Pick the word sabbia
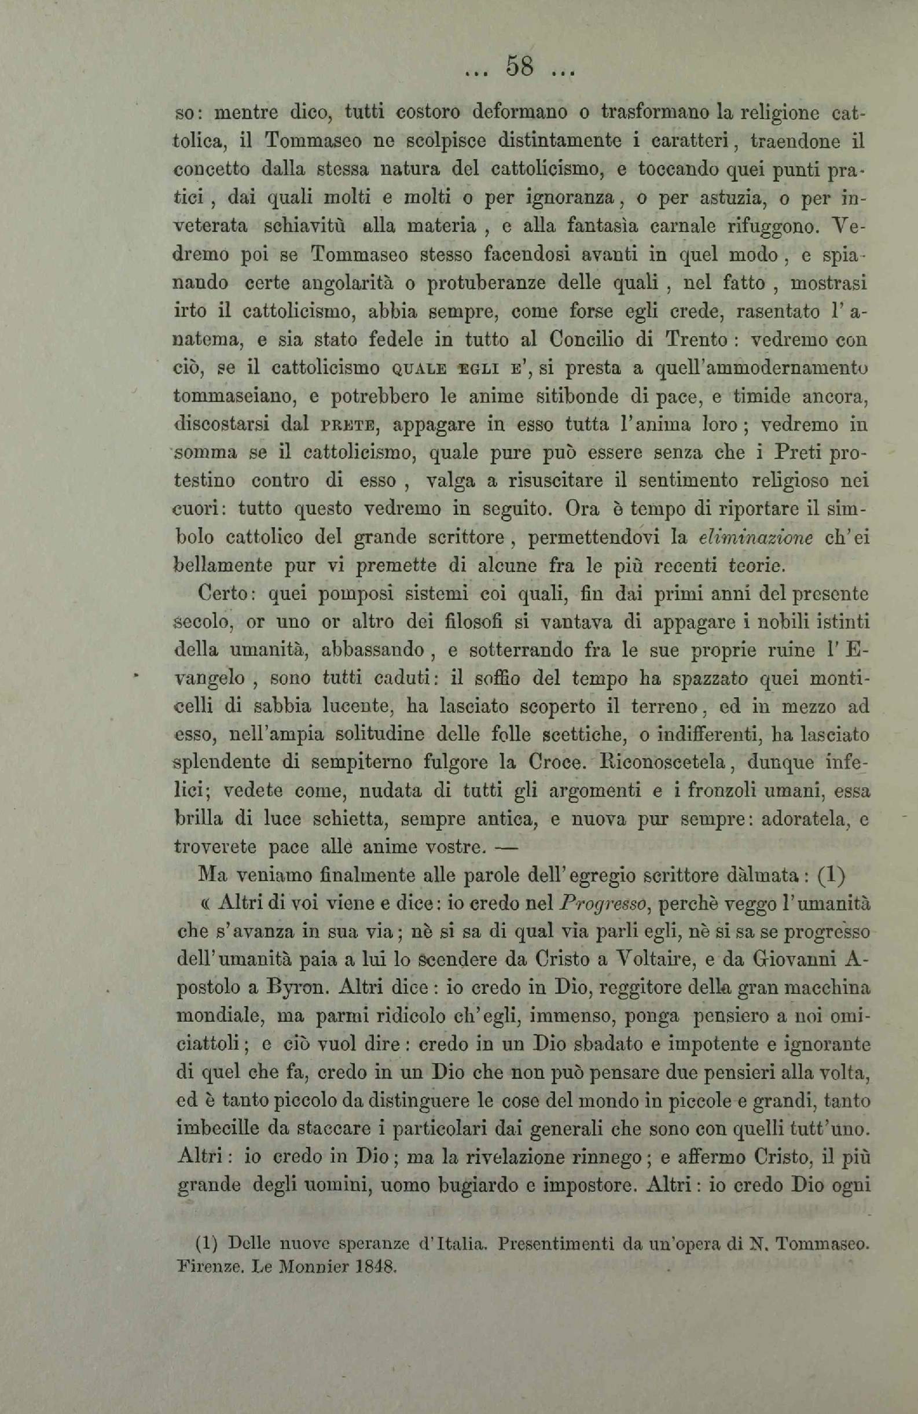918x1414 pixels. pyautogui.click(x=280, y=707)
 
